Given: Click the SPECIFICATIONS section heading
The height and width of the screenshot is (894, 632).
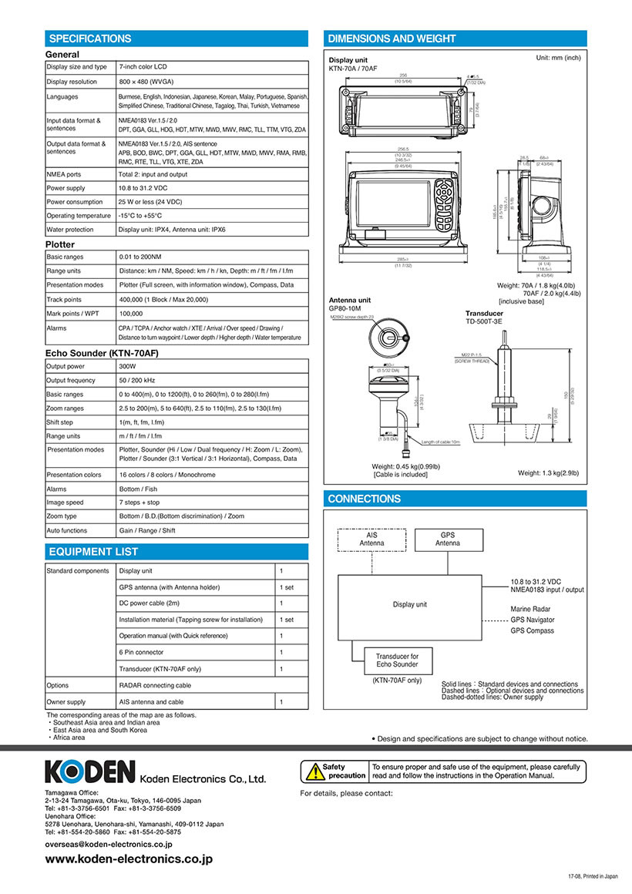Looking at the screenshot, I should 90,39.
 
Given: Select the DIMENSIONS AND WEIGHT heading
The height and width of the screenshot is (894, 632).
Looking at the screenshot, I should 392,39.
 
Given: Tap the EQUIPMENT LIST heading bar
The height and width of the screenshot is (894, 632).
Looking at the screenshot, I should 94,552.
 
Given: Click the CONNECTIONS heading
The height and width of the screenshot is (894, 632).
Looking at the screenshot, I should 365,499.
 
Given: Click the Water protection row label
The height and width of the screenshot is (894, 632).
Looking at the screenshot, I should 70,230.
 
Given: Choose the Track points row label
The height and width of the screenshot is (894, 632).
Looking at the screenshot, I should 65,301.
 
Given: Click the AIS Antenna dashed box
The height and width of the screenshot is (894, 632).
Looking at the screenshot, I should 372,539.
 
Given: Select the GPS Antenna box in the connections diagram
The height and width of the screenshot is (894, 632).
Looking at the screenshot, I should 449,539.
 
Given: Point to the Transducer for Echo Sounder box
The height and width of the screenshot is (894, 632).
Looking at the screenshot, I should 398,660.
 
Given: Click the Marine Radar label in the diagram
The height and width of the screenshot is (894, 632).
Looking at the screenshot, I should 530,609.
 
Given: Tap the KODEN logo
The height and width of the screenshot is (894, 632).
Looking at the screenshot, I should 90,771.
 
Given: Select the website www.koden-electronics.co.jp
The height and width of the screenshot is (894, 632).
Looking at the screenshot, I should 129,859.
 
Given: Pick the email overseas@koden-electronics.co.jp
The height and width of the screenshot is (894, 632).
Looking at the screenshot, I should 109,845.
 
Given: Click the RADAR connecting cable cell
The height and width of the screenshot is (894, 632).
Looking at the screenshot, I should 155,685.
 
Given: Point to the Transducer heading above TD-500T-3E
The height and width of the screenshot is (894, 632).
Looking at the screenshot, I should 484,314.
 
